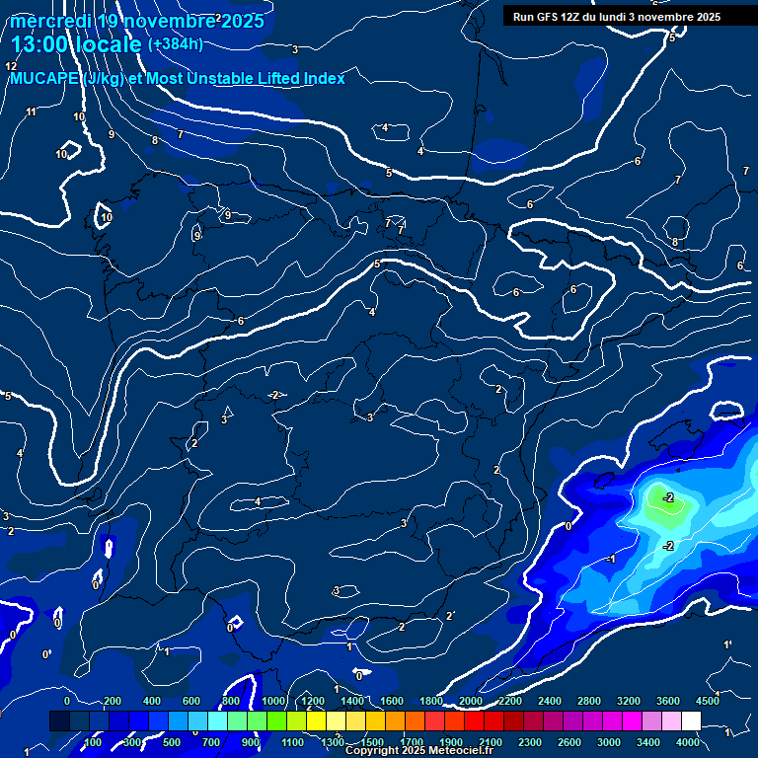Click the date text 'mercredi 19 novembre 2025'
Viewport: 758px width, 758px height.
click(x=138, y=21)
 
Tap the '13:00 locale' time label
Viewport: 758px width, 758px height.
click(x=77, y=44)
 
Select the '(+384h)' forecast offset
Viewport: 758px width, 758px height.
click(x=175, y=43)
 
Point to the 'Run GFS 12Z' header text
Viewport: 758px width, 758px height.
click(x=549, y=17)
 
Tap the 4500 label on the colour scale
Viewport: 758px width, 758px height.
click(x=707, y=701)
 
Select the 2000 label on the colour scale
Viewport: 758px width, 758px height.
click(x=471, y=701)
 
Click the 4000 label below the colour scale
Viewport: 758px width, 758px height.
click(x=688, y=741)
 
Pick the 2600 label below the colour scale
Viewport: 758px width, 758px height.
click(x=570, y=741)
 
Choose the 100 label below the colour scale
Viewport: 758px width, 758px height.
click(x=94, y=741)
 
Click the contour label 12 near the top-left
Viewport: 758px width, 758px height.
click(x=12, y=66)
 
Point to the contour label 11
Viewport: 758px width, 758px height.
click(x=32, y=112)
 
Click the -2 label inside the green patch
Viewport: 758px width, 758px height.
click(x=668, y=497)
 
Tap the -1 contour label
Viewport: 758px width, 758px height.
click(x=611, y=560)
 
